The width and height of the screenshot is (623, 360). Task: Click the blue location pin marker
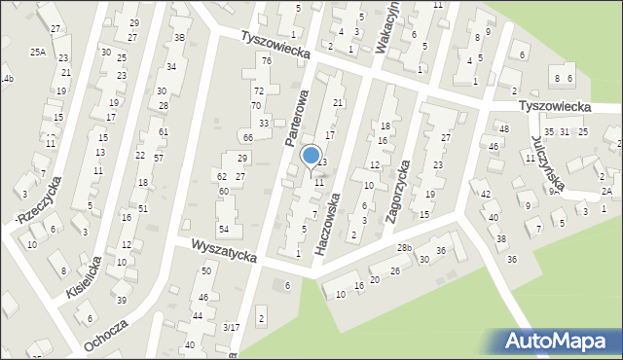pyautogui.click(x=311, y=156)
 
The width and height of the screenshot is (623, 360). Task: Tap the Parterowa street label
pyautogui.click(x=296, y=118)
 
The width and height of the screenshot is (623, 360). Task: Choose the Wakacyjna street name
pyautogui.click(x=390, y=21)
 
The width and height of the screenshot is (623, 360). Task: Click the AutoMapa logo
pyautogui.click(x=559, y=340)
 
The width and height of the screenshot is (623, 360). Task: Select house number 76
pyautogui.click(x=265, y=61)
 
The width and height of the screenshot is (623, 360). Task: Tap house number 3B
pyautogui.click(x=179, y=38)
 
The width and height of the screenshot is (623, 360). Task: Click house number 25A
pyautogui.click(x=38, y=52)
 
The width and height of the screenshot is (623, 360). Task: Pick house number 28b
pyautogui.click(x=404, y=249)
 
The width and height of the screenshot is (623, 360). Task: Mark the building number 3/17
pyautogui.click(x=231, y=328)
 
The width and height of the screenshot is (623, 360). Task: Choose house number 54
pyautogui.click(x=223, y=229)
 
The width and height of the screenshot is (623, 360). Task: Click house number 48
pyautogui.click(x=503, y=129)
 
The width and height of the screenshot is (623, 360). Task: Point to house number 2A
pyautogui.click(x=606, y=192)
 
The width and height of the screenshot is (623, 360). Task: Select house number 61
pyautogui.click(x=163, y=132)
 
